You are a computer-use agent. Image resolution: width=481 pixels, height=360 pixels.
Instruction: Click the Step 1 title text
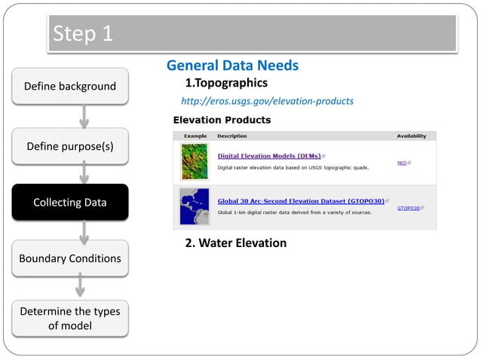pos(82,34)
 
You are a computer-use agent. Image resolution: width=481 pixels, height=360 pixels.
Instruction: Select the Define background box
pos(69,86)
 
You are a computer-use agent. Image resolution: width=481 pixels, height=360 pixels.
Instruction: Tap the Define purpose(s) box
pos(69,145)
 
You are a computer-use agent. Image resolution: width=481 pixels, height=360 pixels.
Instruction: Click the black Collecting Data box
pos(69,202)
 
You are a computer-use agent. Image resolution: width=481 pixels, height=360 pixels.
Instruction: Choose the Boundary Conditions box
pos(69,258)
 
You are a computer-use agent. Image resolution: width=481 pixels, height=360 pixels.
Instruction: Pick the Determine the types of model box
pos(69,318)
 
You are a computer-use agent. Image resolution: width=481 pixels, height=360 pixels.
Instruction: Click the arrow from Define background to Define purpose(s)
pos(84,116)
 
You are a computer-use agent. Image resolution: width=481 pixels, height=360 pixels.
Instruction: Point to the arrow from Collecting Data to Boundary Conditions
pos(84,230)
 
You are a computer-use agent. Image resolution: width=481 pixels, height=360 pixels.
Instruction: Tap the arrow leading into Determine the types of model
pos(84,287)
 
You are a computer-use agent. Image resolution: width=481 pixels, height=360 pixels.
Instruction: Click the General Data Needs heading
pos(232,66)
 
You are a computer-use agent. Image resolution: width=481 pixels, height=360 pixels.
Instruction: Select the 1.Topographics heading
pos(226,82)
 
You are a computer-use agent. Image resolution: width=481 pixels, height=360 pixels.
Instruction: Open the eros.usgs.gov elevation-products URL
pos(268,101)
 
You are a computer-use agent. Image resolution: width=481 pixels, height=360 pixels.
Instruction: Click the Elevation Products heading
pos(222,120)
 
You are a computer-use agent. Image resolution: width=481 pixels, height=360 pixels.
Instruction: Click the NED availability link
pos(403,163)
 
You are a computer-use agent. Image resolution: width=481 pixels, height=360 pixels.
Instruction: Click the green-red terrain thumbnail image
pos(195,161)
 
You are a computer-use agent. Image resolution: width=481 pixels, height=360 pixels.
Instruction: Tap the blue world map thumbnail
pos(195,206)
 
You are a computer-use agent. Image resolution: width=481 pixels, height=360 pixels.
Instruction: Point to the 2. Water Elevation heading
pos(236,243)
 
